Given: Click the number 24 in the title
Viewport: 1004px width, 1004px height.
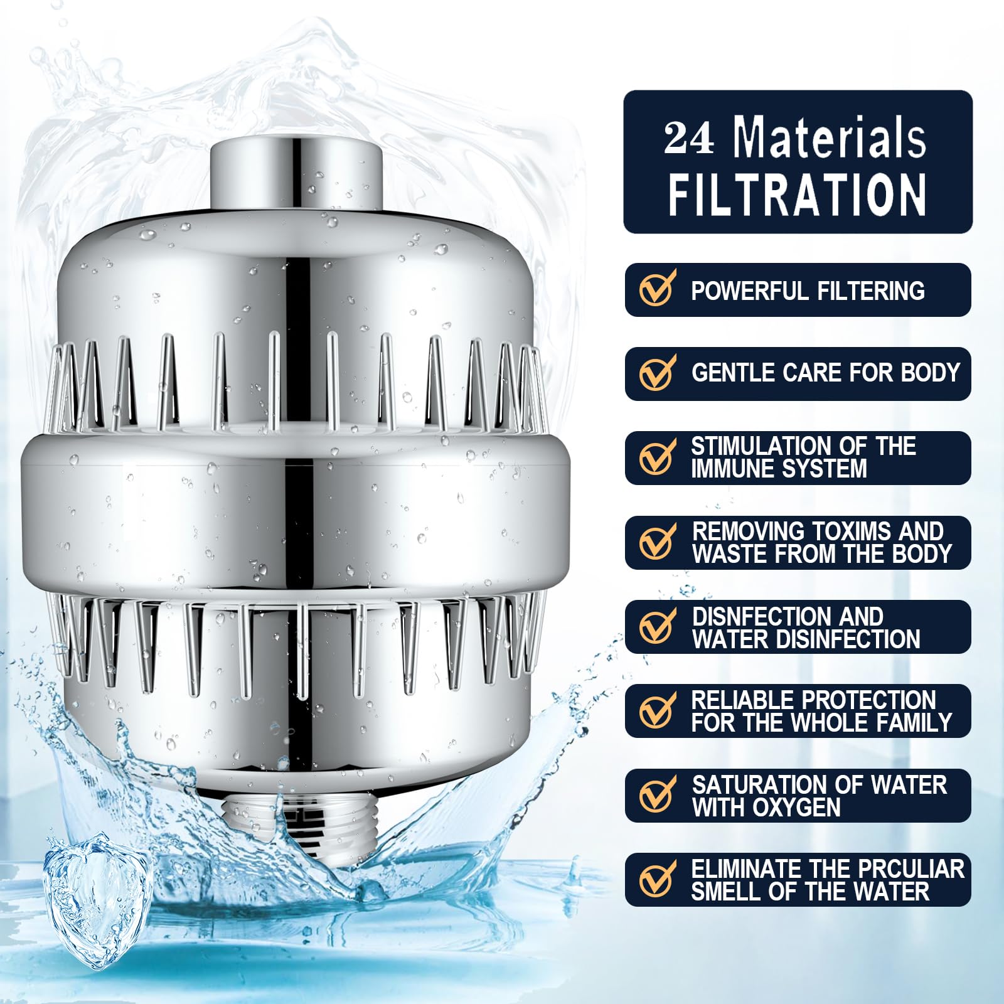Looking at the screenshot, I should [x=689, y=138].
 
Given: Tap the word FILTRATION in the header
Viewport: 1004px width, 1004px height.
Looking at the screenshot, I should [x=797, y=195].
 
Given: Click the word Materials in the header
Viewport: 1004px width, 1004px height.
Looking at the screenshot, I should [x=830, y=137].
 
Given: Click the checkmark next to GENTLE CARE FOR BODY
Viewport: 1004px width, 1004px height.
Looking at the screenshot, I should [x=657, y=372].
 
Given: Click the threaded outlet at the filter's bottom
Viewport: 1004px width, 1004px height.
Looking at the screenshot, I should [x=295, y=822].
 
